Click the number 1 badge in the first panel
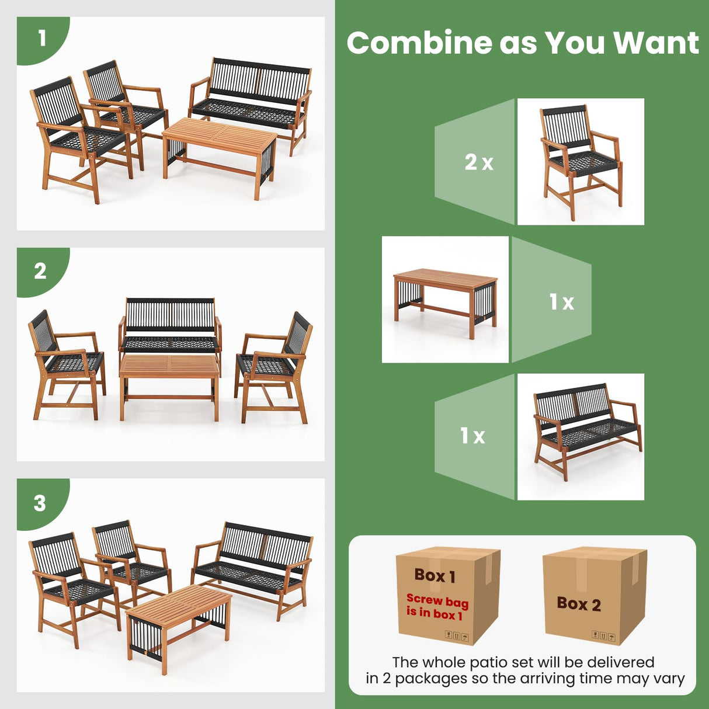pyautogui.click(x=41, y=39)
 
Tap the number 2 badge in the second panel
pyautogui.click(x=40, y=271)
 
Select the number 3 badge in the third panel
pyautogui.click(x=39, y=503)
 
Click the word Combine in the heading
pyautogui.click(x=419, y=43)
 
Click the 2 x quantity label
pyautogui.click(x=479, y=162)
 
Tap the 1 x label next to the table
pyautogui.click(x=561, y=302)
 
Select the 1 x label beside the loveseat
pyautogui.click(x=472, y=436)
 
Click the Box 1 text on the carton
pyautogui.click(x=435, y=576)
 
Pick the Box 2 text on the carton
pyautogui.click(x=578, y=604)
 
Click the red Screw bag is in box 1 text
pyautogui.click(x=437, y=607)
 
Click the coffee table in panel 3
pyautogui.click(x=179, y=619)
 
